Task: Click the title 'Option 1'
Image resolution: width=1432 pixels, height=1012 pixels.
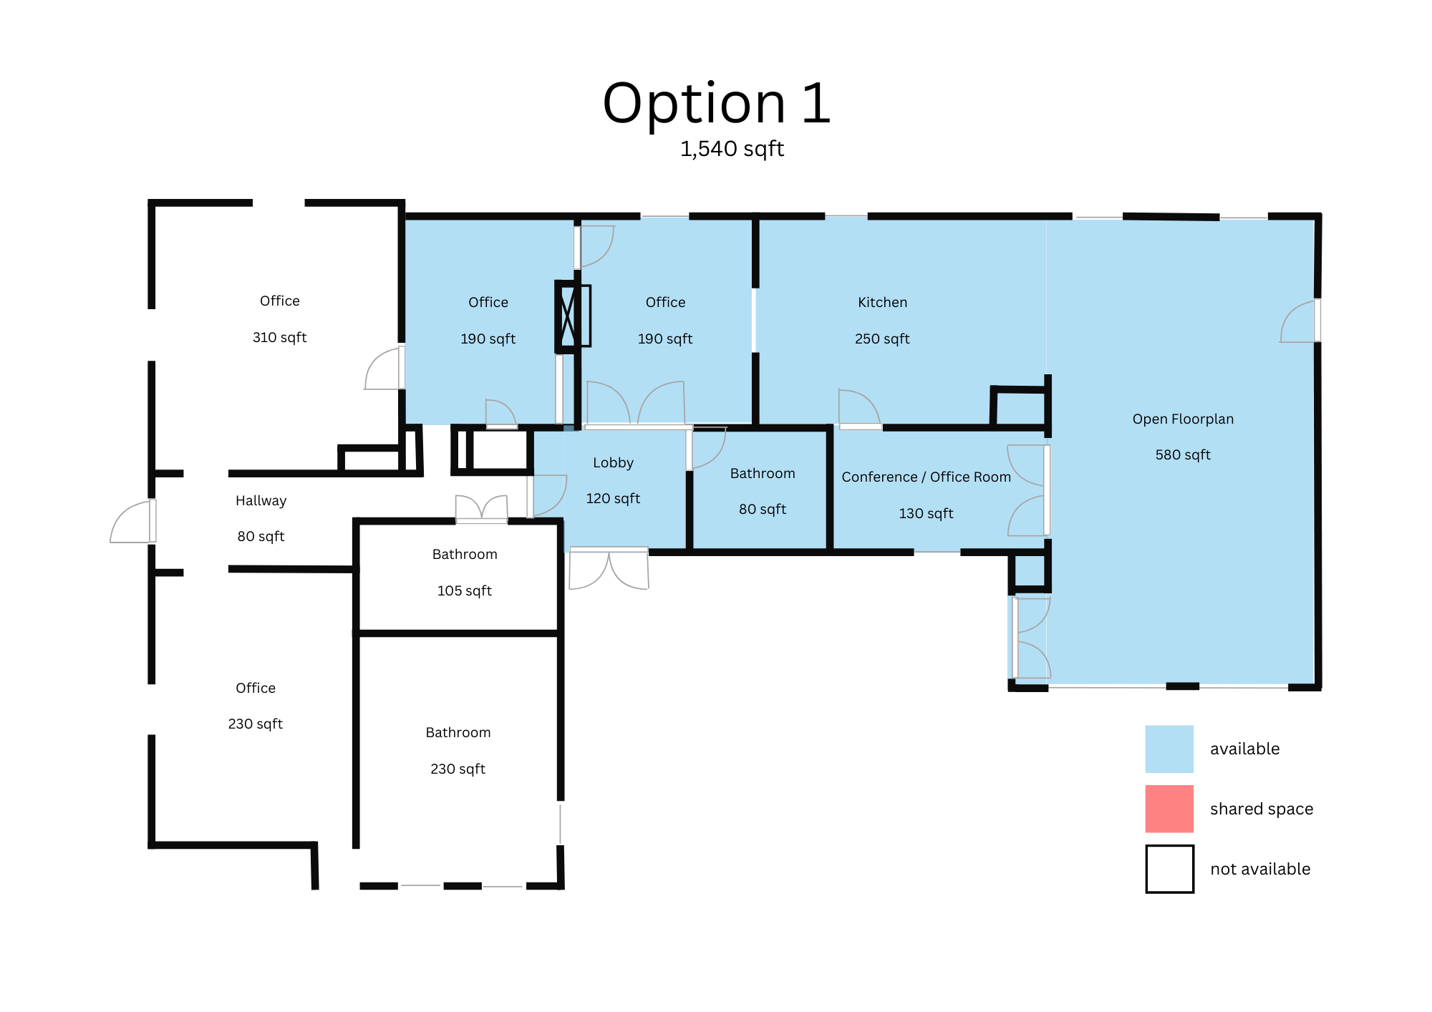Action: click(x=716, y=104)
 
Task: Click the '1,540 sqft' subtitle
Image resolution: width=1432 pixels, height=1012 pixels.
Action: click(x=732, y=149)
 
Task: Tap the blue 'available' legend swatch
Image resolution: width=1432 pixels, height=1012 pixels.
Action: click(x=1169, y=749)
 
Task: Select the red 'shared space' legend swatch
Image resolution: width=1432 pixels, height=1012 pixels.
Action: click(x=1169, y=809)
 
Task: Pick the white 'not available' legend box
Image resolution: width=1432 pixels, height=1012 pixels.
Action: click(x=1169, y=869)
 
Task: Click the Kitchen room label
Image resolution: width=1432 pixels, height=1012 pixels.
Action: click(x=882, y=302)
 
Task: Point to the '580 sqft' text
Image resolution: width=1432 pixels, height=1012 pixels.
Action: click(x=1182, y=454)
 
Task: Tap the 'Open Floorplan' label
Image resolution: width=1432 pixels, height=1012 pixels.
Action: click(x=1182, y=419)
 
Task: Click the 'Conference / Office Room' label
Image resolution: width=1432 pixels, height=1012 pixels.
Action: click(x=926, y=477)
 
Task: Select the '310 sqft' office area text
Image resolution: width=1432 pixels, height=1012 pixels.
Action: click(x=279, y=337)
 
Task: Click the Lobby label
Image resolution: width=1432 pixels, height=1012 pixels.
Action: click(x=613, y=462)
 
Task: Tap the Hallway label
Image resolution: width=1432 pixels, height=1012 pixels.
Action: click(x=261, y=500)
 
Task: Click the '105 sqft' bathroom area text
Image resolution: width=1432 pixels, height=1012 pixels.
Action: click(x=464, y=590)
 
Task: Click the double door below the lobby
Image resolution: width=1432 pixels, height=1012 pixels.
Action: click(x=609, y=569)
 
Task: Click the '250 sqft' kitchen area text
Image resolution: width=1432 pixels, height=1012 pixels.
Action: click(x=881, y=339)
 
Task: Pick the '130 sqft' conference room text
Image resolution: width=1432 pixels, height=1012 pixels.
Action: click(x=926, y=513)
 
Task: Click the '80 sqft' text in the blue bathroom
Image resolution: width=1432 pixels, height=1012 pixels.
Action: click(x=762, y=509)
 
